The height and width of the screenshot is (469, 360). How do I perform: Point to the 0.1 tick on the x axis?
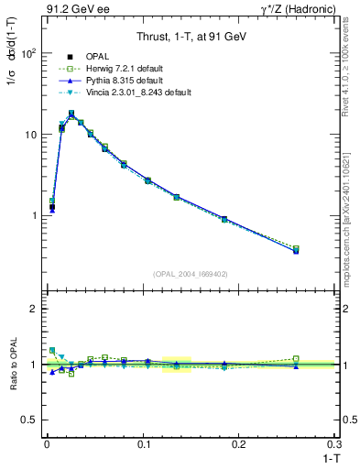click(144, 444)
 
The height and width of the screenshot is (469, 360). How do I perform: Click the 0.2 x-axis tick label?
click(240, 444)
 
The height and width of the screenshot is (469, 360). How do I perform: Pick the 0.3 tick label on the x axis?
click(334, 444)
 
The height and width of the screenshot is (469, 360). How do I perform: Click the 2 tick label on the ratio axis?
click(31, 309)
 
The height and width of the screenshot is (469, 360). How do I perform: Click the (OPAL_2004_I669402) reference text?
click(189, 273)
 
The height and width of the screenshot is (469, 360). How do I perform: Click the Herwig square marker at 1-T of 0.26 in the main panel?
click(296, 248)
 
